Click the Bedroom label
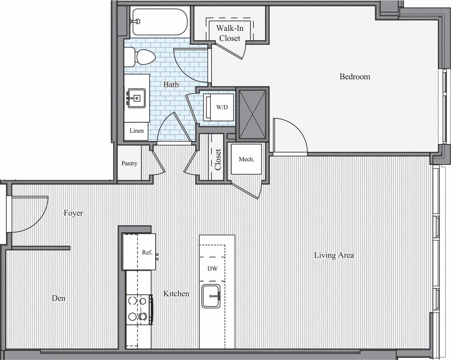point(355,76)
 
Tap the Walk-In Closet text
point(230,33)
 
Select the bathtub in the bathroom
point(159,22)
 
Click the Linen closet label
point(137,131)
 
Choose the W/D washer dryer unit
point(219,107)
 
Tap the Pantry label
point(129,163)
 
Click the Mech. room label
point(246,159)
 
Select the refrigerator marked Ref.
point(139,252)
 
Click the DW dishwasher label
point(213,269)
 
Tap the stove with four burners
point(139,310)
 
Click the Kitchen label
point(176,294)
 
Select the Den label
point(59,298)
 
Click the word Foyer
point(73,213)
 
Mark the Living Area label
point(334,255)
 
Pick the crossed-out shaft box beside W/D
point(253,114)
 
